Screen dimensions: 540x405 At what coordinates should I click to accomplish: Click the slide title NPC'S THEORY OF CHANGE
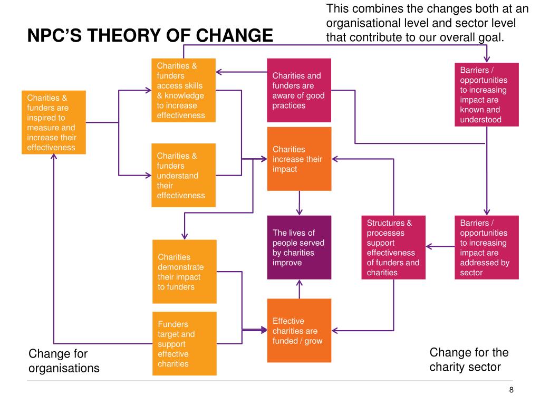(150, 36)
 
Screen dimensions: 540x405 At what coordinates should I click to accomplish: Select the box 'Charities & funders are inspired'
(53, 122)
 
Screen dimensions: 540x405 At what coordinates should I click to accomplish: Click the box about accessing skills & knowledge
(184, 90)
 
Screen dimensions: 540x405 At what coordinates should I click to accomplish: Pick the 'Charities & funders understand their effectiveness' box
(184, 175)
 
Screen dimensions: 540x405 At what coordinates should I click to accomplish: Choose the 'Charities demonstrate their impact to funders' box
(184, 272)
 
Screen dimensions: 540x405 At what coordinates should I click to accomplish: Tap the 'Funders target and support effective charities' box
(184, 343)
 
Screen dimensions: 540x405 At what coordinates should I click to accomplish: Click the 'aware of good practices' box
(299, 90)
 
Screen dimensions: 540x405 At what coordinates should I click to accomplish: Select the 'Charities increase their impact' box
(299, 159)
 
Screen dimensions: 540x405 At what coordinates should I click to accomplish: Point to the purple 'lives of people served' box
(299, 247)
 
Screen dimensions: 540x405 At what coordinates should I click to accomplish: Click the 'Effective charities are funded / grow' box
(299, 331)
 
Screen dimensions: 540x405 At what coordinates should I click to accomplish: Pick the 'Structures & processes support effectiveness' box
(393, 247)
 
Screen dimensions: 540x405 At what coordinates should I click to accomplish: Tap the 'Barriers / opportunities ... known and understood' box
(486, 94)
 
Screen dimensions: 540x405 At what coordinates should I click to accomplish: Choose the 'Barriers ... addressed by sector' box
(486, 247)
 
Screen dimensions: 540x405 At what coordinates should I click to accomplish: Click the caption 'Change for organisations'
(64, 361)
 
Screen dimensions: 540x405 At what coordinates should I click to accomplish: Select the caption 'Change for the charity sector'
(469, 359)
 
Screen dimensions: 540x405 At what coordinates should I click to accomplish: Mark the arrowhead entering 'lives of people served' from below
(300, 283)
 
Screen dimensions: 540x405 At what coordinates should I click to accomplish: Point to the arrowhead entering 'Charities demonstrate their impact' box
(184, 235)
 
